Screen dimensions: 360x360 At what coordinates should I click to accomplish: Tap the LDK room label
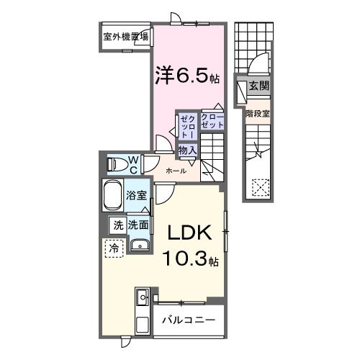(190, 233)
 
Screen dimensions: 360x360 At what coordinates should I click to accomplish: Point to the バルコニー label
(188, 318)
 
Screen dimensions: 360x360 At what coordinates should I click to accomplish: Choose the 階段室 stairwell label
(256, 113)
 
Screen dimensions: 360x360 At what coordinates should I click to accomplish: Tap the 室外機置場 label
(126, 37)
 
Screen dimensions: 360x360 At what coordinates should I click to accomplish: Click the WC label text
(134, 163)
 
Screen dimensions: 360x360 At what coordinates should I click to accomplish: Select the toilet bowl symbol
(116, 164)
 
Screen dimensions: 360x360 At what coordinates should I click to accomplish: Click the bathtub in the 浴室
(112, 195)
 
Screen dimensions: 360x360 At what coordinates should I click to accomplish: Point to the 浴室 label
(137, 194)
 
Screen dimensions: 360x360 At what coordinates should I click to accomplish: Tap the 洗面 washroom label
(138, 225)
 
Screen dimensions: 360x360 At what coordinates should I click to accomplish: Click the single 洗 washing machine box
(117, 225)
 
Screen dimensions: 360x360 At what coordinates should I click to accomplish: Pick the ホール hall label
(176, 171)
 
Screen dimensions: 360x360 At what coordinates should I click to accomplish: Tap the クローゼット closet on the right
(212, 121)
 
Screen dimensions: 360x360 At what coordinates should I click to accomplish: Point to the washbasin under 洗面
(140, 247)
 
